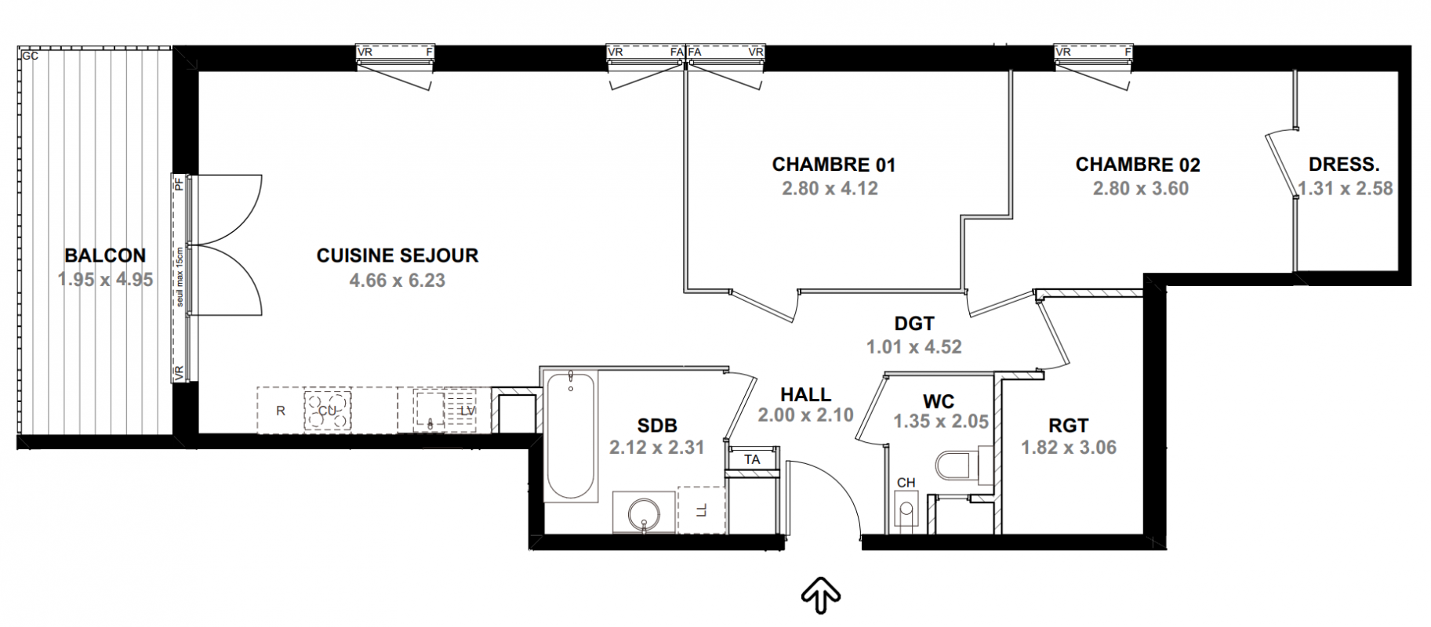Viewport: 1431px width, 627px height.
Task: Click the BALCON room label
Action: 105,256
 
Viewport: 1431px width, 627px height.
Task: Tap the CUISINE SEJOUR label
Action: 398,256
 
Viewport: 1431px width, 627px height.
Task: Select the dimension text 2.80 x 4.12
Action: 830,189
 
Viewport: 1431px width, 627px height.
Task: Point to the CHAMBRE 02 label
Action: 1138,165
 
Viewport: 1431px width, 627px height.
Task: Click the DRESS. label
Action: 1344,165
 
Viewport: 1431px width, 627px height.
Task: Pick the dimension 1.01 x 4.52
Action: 914,347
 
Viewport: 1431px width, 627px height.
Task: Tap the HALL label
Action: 806,396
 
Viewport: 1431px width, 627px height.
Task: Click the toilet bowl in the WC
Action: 956,464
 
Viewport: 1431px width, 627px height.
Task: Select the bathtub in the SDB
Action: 571,435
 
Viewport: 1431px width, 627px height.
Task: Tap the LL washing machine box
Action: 702,510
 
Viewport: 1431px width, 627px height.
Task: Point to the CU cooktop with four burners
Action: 328,410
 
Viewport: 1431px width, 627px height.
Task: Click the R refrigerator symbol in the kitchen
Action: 281,411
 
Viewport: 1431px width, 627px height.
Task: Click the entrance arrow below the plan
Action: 821,594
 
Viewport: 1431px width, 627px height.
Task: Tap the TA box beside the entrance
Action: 753,460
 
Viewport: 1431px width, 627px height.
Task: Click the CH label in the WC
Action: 906,483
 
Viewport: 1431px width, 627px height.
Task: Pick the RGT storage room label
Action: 1068,426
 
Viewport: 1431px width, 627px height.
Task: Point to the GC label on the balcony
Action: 30,56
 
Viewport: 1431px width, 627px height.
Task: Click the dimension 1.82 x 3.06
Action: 1069,448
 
